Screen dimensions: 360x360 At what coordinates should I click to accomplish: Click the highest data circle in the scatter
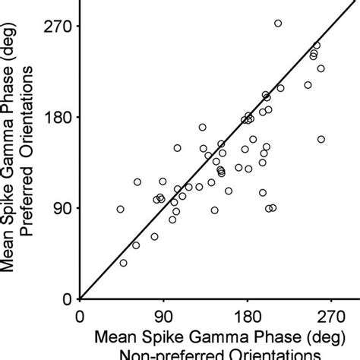click(x=278, y=24)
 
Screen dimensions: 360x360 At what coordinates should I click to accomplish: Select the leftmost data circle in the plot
click(x=120, y=209)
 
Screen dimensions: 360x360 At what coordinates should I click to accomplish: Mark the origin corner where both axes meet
click(x=81, y=298)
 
